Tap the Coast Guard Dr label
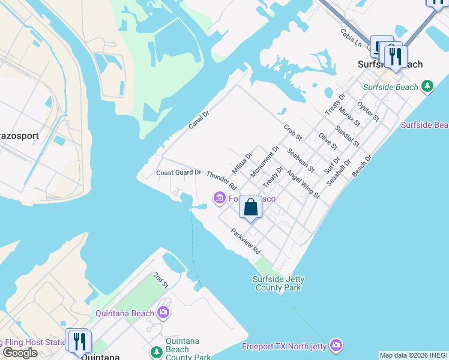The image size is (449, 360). [178, 173]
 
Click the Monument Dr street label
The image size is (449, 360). [265, 161]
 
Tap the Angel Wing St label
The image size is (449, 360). [303, 184]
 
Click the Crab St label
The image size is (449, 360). [292, 133]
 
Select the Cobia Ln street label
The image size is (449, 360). [351, 38]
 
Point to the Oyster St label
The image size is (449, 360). [368, 111]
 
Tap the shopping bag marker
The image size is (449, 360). [251, 208]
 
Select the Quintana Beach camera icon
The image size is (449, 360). [163, 313]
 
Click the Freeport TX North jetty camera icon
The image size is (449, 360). [336, 346]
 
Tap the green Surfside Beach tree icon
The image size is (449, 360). [427, 87]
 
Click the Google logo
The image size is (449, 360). [20, 352]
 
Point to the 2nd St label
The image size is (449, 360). [160, 280]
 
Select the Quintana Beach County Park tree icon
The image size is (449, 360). [157, 352]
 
